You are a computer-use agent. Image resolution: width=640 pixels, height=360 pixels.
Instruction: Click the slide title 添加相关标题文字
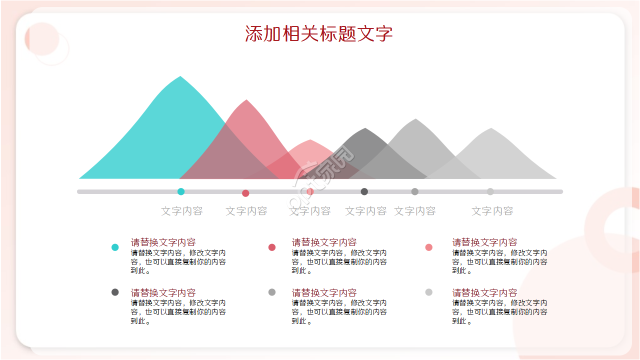[x=319, y=34]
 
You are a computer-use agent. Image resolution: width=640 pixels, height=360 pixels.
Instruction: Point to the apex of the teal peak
[x=180, y=77]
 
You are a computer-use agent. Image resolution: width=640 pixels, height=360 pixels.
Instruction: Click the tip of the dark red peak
[x=246, y=101]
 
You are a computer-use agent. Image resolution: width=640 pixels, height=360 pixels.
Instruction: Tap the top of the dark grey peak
[x=365, y=129]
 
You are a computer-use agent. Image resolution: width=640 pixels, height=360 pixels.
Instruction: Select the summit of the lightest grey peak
[x=491, y=129]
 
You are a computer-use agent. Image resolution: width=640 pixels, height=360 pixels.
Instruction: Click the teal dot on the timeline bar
[x=181, y=191]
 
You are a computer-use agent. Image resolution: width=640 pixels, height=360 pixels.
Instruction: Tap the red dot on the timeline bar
[x=245, y=193]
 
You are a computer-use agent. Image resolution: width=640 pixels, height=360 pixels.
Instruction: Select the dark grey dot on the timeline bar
[x=364, y=191]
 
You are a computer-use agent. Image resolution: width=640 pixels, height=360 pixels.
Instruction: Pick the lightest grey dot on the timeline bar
[x=490, y=191]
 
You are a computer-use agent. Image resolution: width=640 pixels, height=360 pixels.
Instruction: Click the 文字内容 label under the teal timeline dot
[x=182, y=211]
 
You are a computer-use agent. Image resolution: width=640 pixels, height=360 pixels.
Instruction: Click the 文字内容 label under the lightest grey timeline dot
[x=492, y=211]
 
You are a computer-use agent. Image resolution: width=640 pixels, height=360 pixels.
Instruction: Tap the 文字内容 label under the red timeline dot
[x=246, y=211]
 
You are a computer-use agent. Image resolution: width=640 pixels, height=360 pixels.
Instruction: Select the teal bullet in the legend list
[x=115, y=247]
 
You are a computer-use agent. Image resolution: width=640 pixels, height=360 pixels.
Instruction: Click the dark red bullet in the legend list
[x=272, y=247]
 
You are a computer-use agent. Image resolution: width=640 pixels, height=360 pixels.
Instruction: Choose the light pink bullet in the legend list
[x=428, y=247]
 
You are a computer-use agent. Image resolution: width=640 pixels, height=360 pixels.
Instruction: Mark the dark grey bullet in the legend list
[x=115, y=292]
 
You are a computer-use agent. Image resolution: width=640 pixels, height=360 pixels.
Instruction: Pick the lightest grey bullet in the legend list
[x=428, y=292]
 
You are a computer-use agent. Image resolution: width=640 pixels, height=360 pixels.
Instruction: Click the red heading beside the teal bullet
[x=163, y=242]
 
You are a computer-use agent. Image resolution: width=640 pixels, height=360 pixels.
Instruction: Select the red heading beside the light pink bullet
[x=484, y=242]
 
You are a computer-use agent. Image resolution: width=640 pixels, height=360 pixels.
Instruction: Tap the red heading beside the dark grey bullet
[x=163, y=292]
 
